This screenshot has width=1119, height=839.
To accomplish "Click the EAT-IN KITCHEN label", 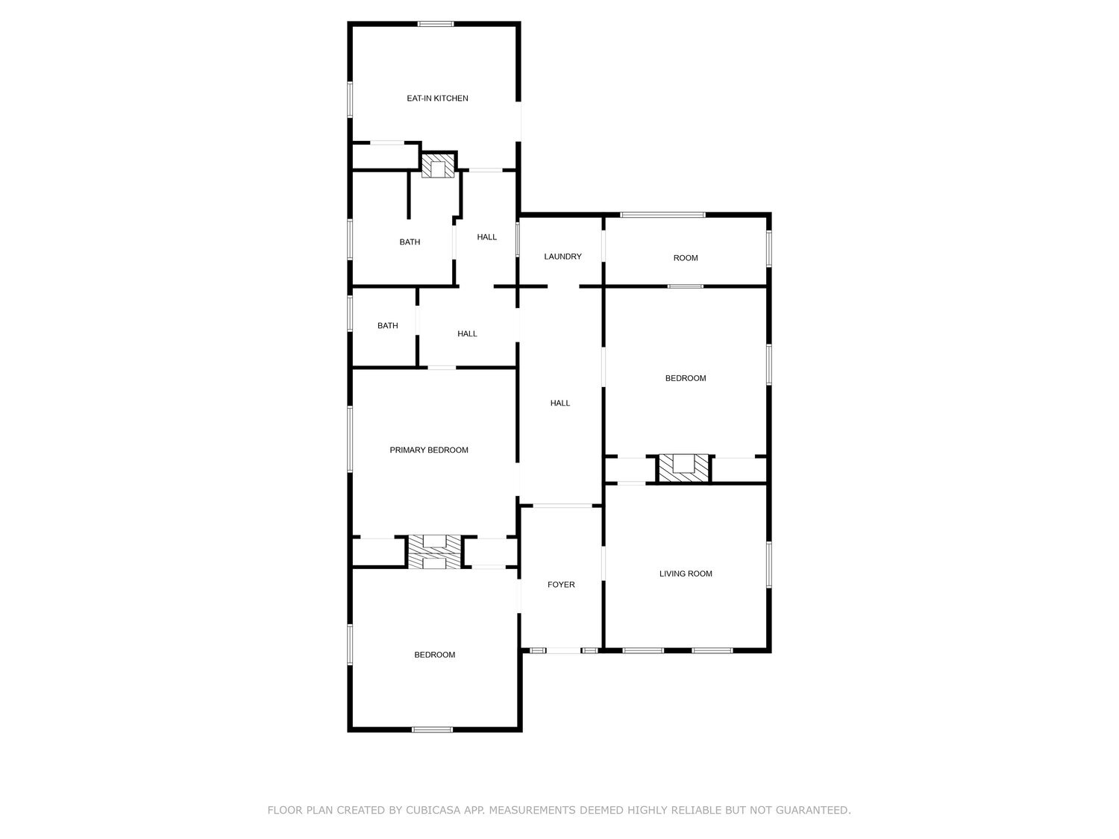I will click(x=437, y=98).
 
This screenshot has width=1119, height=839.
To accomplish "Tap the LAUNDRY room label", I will click(x=562, y=257).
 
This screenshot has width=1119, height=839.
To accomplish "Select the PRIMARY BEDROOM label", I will click(x=429, y=450).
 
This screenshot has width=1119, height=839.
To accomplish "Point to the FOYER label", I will click(x=561, y=585).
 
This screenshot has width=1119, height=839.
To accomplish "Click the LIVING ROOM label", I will click(x=686, y=574).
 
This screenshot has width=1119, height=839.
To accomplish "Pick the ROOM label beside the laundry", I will click(x=686, y=258).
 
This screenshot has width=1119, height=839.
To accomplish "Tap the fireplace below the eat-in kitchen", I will click(x=437, y=166).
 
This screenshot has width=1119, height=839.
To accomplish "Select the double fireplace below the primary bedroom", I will click(x=434, y=552).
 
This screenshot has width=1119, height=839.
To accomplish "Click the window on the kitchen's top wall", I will click(x=436, y=24).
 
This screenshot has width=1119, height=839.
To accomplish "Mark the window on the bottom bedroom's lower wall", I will click(x=432, y=729).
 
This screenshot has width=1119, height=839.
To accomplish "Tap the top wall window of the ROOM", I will click(x=662, y=216).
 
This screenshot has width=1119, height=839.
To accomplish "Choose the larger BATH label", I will click(x=410, y=242).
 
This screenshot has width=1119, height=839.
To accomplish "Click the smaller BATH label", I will click(x=387, y=326).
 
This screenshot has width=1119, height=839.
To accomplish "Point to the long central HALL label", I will click(x=560, y=403).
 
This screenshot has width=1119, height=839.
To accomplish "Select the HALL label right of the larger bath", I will click(x=487, y=237).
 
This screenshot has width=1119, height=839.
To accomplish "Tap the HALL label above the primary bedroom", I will click(x=467, y=334).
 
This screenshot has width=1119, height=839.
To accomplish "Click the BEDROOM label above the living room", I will click(x=686, y=378).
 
